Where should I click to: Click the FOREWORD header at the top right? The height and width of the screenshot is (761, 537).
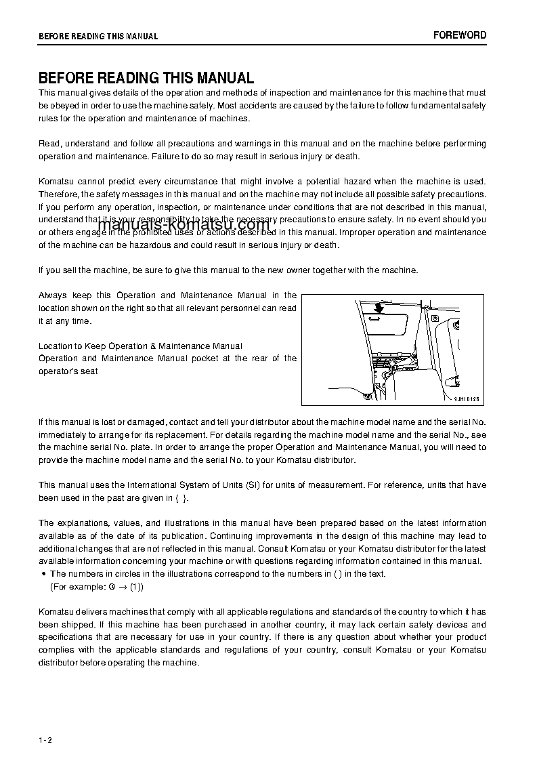click(x=460, y=35)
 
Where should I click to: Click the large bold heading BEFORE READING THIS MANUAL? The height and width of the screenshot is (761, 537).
click(x=146, y=78)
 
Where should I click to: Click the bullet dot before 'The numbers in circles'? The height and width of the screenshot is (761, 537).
click(x=43, y=574)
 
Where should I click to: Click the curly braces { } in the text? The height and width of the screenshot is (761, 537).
click(x=181, y=498)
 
